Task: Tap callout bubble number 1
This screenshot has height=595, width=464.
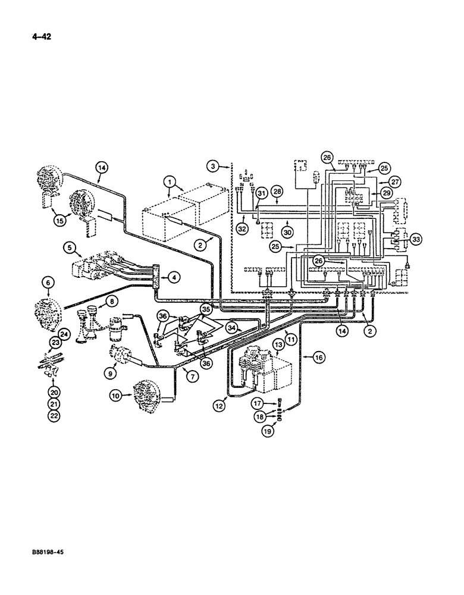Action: pyautogui.click(x=170, y=180)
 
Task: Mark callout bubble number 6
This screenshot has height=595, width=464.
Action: pyautogui.click(x=48, y=281)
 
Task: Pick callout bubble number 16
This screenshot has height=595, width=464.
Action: pyautogui.click(x=318, y=357)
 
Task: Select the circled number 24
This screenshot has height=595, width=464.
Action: pyautogui.click(x=64, y=334)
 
